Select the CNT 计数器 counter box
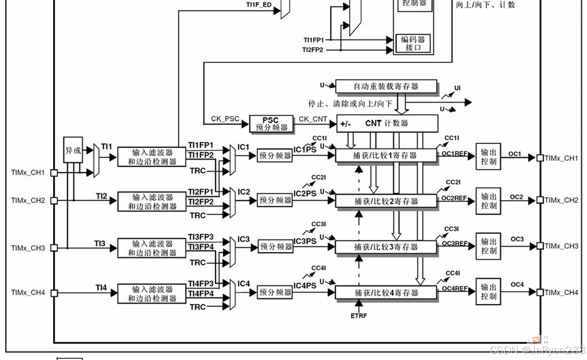tap(387, 123)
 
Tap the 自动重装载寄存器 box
tap(386, 86)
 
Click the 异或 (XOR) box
tap(73, 150)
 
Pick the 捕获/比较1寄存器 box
tap(386, 155)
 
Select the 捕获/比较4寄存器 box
tap(386, 293)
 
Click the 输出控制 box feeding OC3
tap(489, 246)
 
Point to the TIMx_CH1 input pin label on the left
tap(28, 173)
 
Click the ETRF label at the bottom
tap(359, 315)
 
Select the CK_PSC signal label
tap(225, 119)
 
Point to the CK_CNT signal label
tap(313, 119)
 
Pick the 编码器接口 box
tap(413, 43)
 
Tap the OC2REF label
tap(454, 198)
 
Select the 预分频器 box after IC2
tap(275, 200)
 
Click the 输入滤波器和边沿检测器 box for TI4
tap(152, 294)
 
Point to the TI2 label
tap(101, 196)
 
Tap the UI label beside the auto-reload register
tap(457, 87)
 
